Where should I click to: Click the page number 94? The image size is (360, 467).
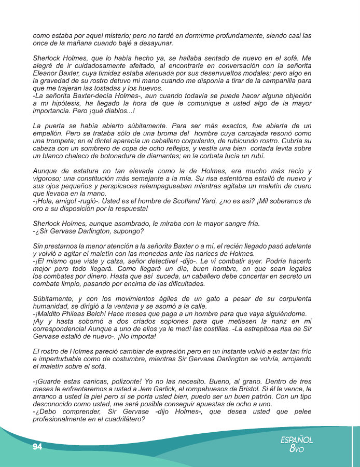click(37, 447)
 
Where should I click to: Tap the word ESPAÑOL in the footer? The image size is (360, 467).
click(296, 439)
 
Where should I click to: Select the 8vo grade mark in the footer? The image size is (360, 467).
click(296, 449)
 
